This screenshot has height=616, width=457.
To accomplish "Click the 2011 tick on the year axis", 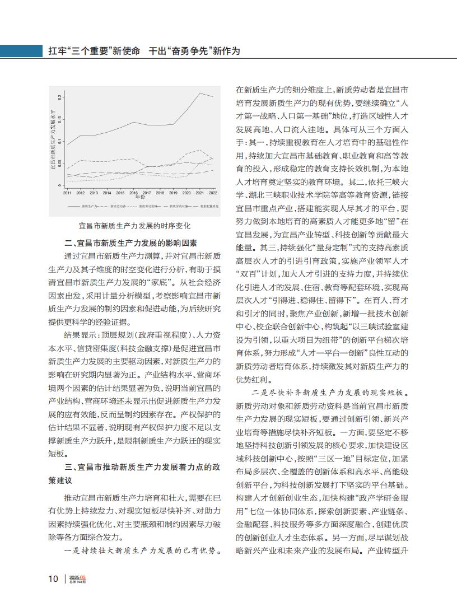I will click(67, 193).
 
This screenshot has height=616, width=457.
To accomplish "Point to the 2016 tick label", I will click(133, 193).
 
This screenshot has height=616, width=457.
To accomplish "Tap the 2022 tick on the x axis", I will click(213, 193).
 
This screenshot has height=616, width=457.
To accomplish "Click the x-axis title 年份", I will click(140, 197).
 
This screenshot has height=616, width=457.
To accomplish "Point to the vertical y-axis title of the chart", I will click(53, 140).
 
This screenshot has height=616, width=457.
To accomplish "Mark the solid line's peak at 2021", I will click(200, 93).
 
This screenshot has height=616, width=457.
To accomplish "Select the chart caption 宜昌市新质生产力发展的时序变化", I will click(135, 226).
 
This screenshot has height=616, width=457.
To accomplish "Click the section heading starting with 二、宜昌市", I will click(130, 242).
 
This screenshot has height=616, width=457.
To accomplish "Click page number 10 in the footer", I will click(53, 578).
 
